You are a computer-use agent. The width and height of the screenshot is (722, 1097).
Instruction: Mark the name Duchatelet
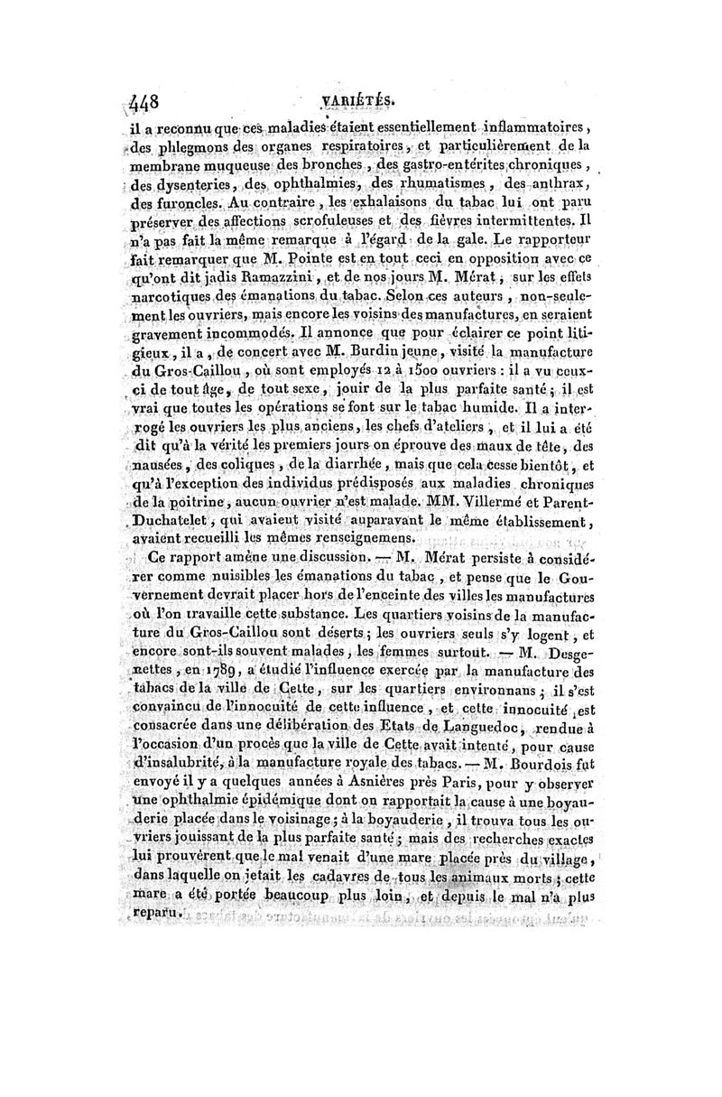point(179,518)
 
